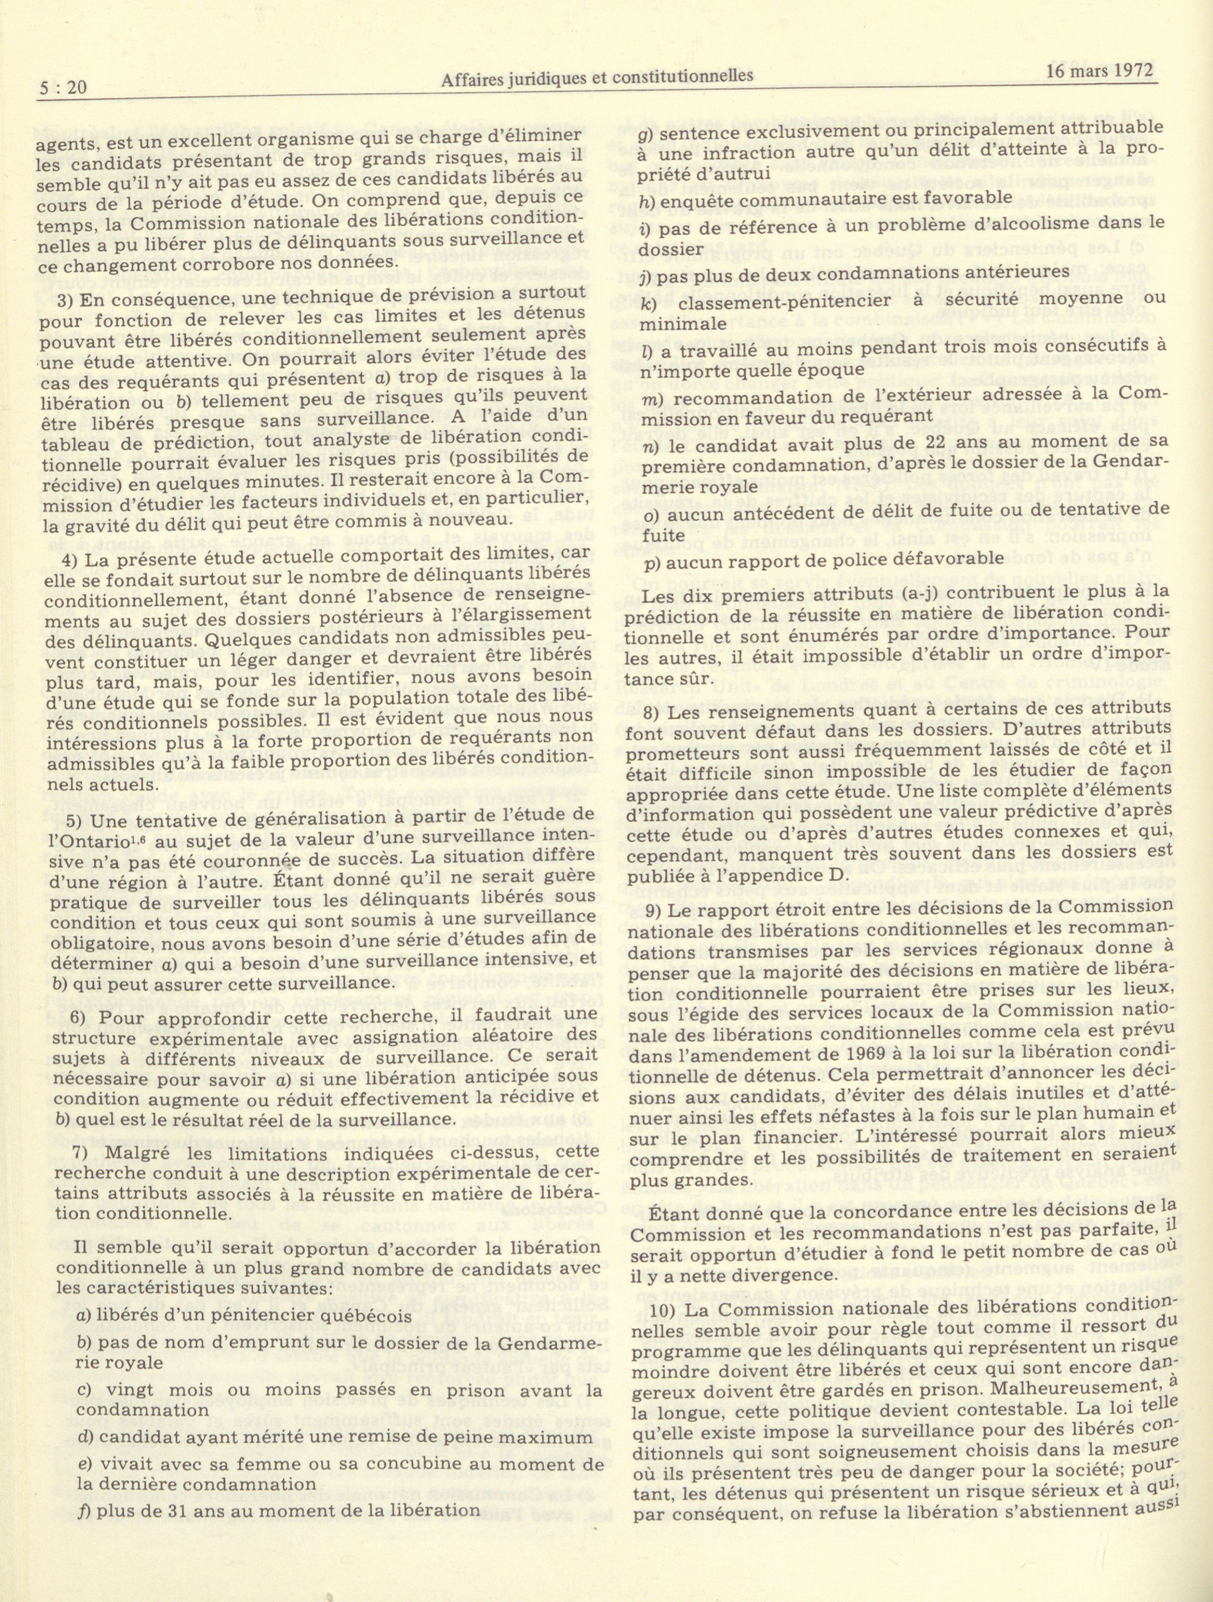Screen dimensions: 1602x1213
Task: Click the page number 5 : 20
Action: click(x=63, y=88)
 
